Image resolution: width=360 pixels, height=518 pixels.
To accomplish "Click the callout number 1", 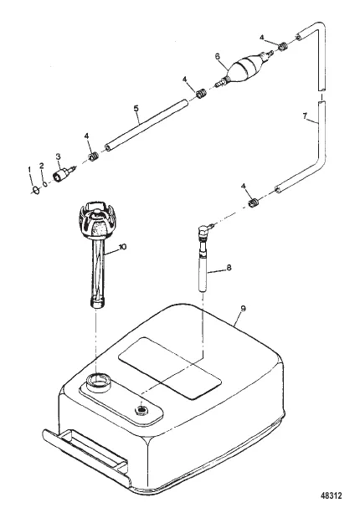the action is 29,170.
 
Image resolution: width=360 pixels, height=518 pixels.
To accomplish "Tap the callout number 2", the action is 42,166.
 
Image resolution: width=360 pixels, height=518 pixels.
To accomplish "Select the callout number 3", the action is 58,156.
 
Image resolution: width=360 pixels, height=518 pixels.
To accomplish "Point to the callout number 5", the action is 136,108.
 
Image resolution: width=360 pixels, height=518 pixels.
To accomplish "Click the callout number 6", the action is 217,57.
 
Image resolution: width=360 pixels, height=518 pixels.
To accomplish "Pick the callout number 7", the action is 305,115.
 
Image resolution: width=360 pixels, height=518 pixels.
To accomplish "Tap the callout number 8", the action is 229,268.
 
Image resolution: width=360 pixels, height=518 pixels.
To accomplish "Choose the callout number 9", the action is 244,309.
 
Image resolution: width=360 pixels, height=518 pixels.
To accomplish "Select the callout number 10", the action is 122,247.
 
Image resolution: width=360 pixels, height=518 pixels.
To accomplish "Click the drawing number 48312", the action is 332,495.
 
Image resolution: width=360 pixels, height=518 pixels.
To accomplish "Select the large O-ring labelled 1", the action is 36,190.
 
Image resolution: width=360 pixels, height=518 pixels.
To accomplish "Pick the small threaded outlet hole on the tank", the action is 141,410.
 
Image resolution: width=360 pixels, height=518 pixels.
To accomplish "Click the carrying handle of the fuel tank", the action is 85,454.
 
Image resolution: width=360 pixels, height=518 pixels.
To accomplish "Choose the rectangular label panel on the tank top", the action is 170,367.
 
